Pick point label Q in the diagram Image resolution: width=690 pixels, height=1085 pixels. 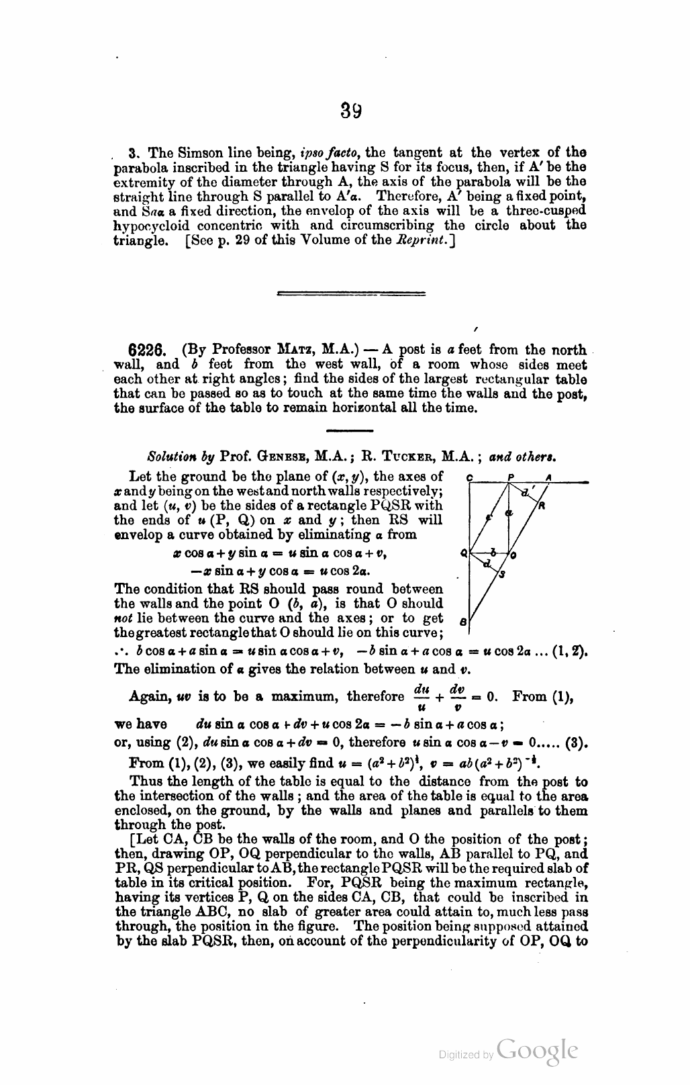pyautogui.click(x=462, y=555)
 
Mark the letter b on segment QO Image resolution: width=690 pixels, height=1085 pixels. pyautogui.click(x=493, y=551)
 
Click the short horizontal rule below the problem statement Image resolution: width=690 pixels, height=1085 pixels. pyautogui.click(x=349, y=430)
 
